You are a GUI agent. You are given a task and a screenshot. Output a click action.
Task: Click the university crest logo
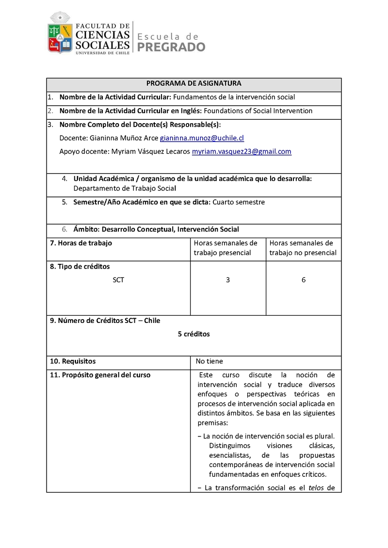60,34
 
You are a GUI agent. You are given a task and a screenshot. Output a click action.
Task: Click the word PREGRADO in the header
172,47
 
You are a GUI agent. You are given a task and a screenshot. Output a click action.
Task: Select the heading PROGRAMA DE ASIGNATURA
194,83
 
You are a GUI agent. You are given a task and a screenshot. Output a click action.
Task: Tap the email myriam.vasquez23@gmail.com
242,151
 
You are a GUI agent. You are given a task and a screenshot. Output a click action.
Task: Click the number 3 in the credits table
228,280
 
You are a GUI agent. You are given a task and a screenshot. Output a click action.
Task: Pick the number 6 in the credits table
304,280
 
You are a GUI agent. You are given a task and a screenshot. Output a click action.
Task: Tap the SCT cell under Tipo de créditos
118,280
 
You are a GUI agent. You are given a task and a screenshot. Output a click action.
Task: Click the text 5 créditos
194,334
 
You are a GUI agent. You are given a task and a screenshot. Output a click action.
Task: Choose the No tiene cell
210,361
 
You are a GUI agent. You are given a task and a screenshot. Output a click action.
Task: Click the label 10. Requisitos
73,361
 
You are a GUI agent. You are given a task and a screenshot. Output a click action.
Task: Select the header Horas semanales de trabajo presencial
226,248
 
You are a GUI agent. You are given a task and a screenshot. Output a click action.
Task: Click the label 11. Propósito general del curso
100,375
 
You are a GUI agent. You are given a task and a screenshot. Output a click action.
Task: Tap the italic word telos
316,488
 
